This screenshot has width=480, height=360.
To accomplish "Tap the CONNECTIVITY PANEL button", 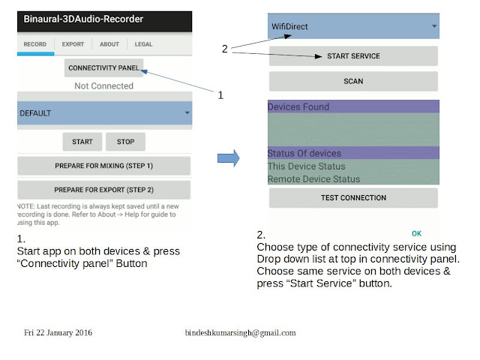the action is coord(103,67).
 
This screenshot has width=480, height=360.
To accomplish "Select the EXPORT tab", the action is coord(73,44).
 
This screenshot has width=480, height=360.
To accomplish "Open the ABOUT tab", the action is coord(109,44).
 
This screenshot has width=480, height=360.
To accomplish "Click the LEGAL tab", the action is coord(143,44).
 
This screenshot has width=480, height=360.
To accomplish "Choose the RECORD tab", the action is coord(35,44).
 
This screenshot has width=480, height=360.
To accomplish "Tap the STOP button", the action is coord(125,142).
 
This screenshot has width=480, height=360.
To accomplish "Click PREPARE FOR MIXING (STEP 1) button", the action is coord(103,166).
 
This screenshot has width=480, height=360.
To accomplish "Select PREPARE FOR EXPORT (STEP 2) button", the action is coord(103,190).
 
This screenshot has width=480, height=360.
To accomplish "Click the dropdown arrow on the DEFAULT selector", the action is coord(187,113).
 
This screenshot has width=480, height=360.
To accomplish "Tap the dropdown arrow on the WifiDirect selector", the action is coord(434,26).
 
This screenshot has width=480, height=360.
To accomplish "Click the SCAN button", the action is coord(353,82).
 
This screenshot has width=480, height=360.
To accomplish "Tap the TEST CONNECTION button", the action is coord(353,198).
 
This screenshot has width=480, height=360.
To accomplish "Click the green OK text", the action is coord(417,233).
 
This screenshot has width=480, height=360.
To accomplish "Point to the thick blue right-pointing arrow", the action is coord(228,158).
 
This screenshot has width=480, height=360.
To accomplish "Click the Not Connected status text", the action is coord(103,86).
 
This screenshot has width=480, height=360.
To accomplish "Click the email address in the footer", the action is coord(240,333).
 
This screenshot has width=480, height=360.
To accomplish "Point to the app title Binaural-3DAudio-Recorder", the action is coord(83,19).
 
